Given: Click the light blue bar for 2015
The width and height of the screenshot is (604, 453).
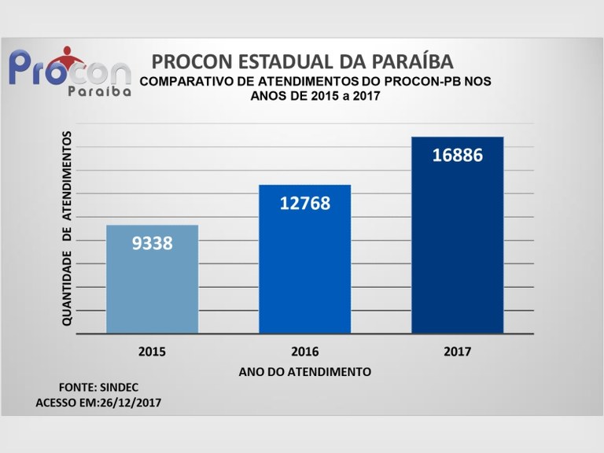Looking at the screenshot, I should click(152, 279).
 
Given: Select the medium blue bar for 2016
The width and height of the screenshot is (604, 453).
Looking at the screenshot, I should click(304, 260).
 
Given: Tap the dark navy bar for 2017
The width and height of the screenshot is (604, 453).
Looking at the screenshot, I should click(457, 236).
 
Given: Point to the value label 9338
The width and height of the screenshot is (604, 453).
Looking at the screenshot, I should click(152, 243).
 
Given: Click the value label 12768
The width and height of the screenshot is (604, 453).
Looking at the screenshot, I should click(304, 203).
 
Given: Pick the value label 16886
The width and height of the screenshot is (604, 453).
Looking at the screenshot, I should click(457, 155).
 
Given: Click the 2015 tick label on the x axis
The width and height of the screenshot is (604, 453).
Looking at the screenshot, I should click(152, 352).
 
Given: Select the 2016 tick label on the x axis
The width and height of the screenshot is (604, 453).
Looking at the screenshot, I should click(304, 352).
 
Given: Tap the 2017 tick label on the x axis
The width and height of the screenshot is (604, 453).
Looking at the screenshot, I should click(457, 352).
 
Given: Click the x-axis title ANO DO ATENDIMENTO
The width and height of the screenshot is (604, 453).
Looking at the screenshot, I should click(304, 370).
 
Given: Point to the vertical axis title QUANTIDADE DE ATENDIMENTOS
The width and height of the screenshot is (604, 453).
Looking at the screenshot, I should click(68, 228).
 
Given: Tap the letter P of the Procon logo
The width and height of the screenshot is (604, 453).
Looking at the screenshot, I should click(24, 68).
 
